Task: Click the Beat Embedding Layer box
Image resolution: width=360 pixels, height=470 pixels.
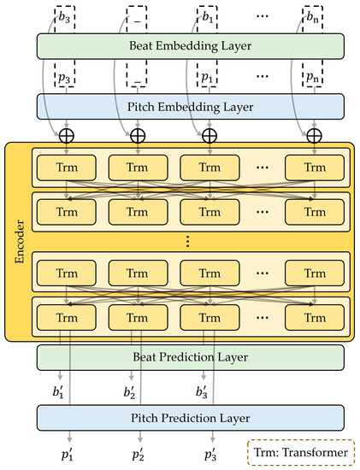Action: coord(190,46)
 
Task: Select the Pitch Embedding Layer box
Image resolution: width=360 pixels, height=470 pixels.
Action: coord(190,106)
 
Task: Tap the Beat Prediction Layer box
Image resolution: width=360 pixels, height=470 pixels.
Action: coord(190,357)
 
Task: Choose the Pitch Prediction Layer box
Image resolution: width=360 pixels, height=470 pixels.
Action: coord(190,418)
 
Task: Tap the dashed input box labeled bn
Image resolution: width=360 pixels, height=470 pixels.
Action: coord(314,16)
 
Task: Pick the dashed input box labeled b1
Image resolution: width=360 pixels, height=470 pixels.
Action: coord(209,16)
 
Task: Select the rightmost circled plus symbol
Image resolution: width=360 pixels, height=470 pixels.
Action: coord(314,135)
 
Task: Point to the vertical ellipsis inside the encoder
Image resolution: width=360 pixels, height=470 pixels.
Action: coord(187,242)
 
